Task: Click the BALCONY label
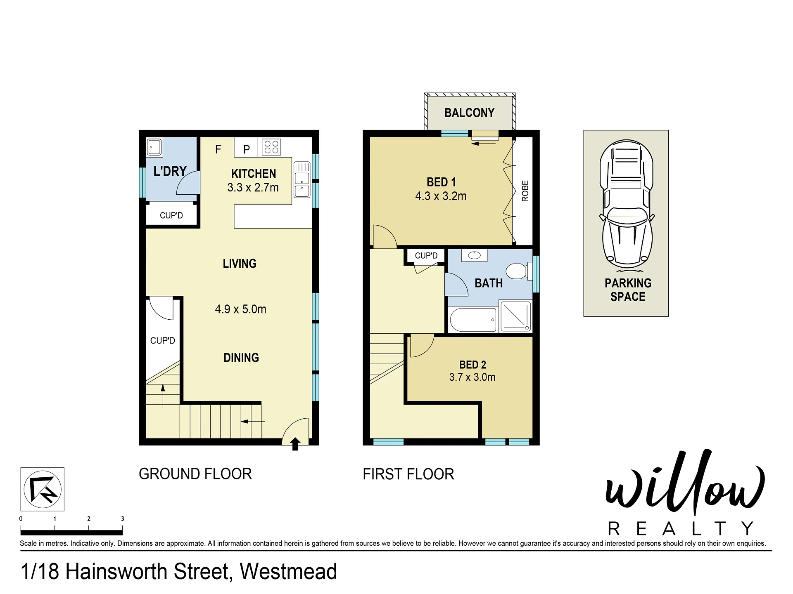click(469, 113)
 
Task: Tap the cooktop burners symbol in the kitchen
click(271, 147)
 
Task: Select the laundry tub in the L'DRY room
click(154, 147)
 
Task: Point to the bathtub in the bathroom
click(472, 320)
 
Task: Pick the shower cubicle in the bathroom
click(515, 316)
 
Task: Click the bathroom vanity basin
click(474, 255)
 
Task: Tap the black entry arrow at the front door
click(295, 444)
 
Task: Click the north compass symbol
click(43, 489)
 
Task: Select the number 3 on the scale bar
click(122, 519)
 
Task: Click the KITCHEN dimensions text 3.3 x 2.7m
click(253, 187)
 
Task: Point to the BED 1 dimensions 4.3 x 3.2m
click(441, 196)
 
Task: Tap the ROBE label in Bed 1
click(525, 191)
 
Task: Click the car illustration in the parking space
click(626, 205)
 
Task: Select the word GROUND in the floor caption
click(169, 474)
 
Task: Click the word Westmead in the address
click(288, 571)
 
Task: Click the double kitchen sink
click(302, 180)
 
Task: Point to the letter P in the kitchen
click(247, 149)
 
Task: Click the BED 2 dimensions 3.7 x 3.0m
click(472, 377)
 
